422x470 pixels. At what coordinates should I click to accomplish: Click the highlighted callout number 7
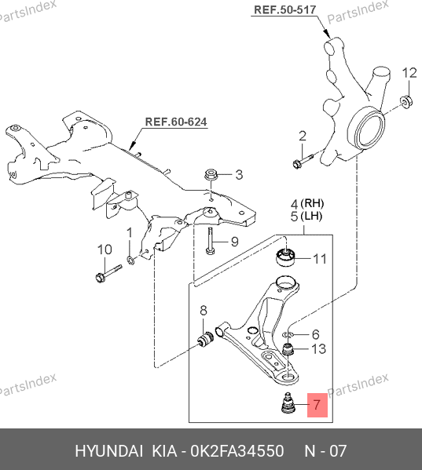317,405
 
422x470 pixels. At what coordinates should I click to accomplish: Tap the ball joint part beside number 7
288,403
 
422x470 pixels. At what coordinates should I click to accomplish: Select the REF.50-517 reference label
284,9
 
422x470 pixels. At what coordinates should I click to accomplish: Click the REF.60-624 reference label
176,122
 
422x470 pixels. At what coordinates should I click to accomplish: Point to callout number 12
409,73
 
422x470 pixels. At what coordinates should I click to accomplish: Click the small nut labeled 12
406,102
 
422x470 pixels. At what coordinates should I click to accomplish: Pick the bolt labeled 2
303,161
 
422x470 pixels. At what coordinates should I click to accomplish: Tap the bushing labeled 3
211,174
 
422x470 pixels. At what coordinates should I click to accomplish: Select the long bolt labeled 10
108,273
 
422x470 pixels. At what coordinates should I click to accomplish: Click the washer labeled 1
131,260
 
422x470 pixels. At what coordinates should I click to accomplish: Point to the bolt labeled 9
210,241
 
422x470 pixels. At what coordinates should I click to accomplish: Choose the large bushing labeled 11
285,257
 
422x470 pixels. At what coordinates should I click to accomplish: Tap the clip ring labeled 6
288,334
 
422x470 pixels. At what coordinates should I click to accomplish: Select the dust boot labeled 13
288,349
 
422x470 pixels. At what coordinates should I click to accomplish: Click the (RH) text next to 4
312,203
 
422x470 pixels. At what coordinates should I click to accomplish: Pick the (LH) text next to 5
311,216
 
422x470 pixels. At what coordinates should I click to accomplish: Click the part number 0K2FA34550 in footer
237,451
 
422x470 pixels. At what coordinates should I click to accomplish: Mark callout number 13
318,349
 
